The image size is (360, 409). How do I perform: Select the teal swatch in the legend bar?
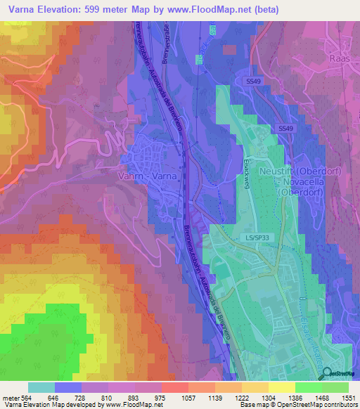coord(41,387)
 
